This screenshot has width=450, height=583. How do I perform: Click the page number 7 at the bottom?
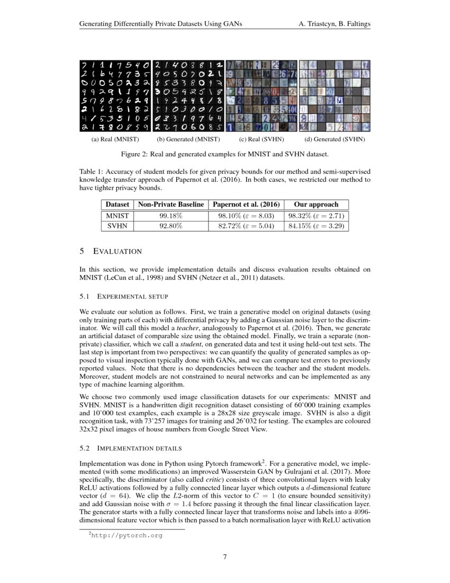225,556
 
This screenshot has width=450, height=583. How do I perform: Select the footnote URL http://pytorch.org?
125,535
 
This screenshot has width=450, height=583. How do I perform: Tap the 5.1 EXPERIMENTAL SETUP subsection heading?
123,296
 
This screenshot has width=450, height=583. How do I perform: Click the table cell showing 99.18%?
170,216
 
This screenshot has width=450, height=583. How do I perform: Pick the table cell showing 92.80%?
170,226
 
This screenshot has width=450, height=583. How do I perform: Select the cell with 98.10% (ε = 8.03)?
246,216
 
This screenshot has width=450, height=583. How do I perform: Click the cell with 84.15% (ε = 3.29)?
317,226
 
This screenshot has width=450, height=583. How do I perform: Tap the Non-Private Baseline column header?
170,205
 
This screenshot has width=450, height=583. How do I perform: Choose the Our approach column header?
317,205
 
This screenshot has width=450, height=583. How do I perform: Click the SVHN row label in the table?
117,226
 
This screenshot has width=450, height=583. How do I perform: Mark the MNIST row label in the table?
117,216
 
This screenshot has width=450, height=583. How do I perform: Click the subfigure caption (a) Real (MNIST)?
115,139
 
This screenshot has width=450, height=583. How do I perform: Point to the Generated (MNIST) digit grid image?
188,95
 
